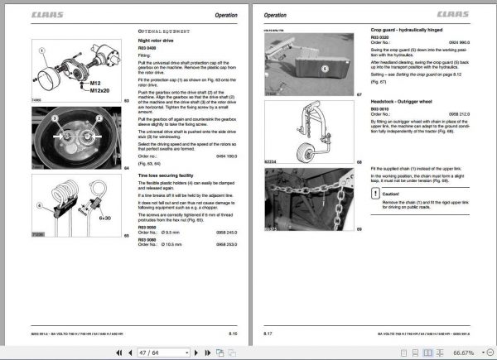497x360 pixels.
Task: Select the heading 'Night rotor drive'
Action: click(157, 40)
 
